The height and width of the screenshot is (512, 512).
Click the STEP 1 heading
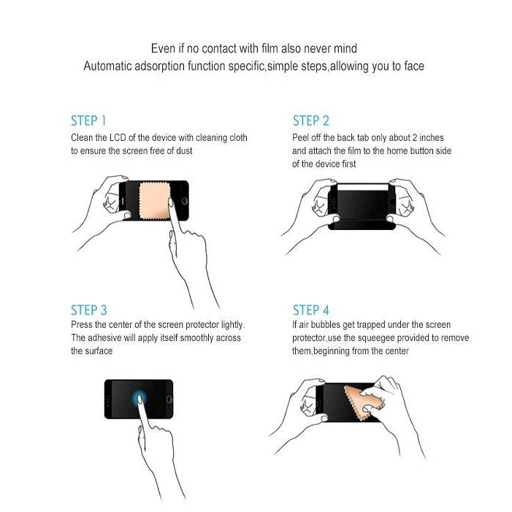(88, 121)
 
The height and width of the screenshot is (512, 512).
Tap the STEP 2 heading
(311, 121)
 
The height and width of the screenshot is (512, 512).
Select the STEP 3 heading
(89, 310)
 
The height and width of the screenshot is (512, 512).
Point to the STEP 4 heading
(311, 310)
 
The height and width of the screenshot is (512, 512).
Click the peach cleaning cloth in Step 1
(154, 200)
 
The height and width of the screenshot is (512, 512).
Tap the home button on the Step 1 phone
(185, 200)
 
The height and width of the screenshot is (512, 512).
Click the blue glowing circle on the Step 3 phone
(140, 399)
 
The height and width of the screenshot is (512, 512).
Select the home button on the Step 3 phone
(169, 399)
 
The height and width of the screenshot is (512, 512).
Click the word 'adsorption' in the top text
(159, 66)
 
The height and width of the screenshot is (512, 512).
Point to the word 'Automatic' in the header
(107, 66)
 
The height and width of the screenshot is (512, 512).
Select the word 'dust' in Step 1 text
(184, 151)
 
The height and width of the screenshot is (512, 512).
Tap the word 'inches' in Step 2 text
(432, 138)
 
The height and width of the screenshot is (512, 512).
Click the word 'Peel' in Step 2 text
(300, 138)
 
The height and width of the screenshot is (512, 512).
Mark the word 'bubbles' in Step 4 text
(326, 325)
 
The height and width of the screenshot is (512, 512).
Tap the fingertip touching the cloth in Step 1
(171, 202)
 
